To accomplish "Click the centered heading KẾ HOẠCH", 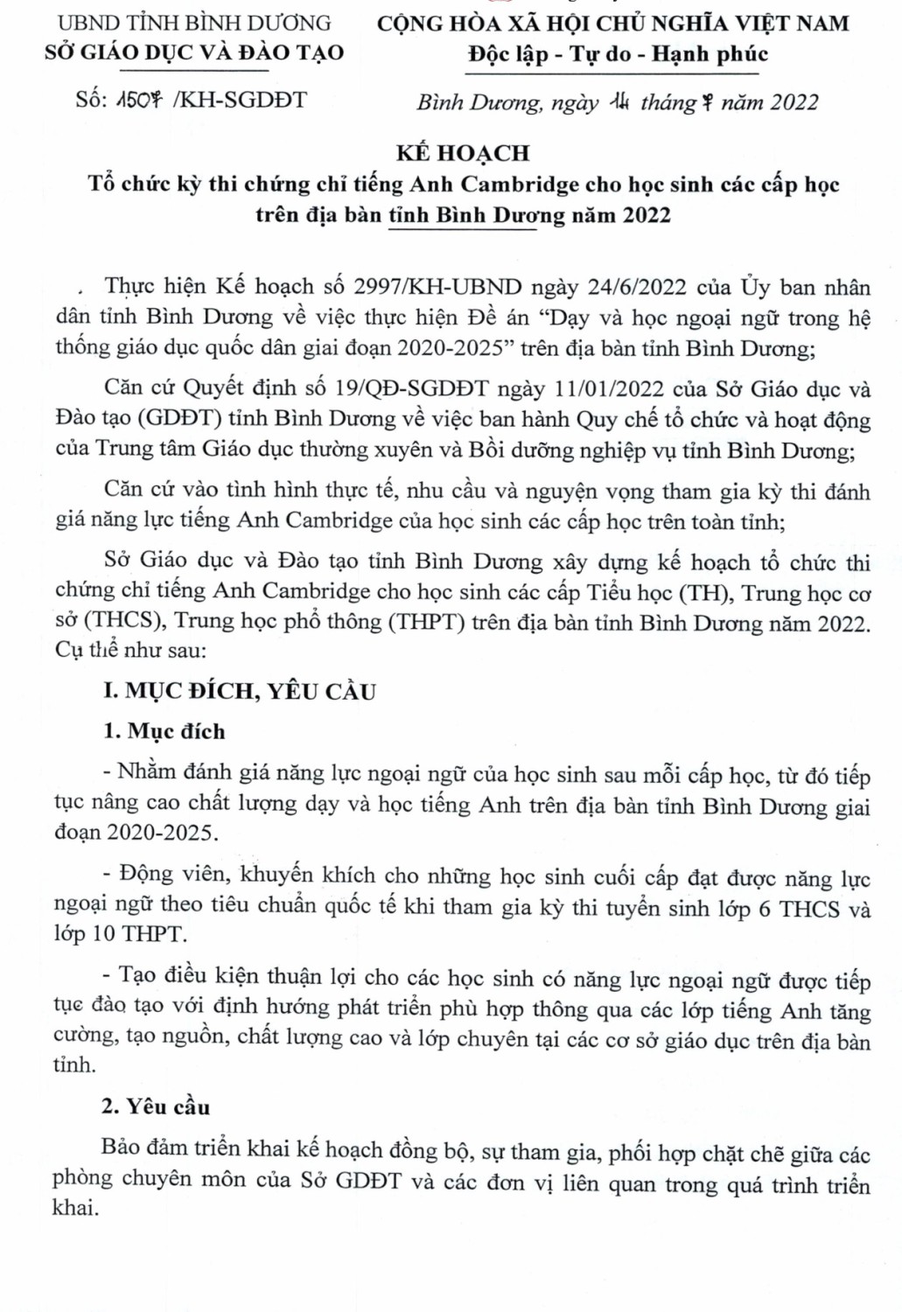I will point(463,153).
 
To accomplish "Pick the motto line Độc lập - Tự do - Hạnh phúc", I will point(618,54).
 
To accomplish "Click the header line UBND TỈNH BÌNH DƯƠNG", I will point(194,23).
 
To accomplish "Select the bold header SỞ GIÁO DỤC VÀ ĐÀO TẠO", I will point(194,52).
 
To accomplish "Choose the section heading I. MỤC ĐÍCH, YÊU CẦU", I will point(239,691).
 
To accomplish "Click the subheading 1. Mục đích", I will point(164,731).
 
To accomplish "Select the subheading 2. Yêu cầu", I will point(156,1106).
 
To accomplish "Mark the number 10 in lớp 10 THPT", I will point(103,934).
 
